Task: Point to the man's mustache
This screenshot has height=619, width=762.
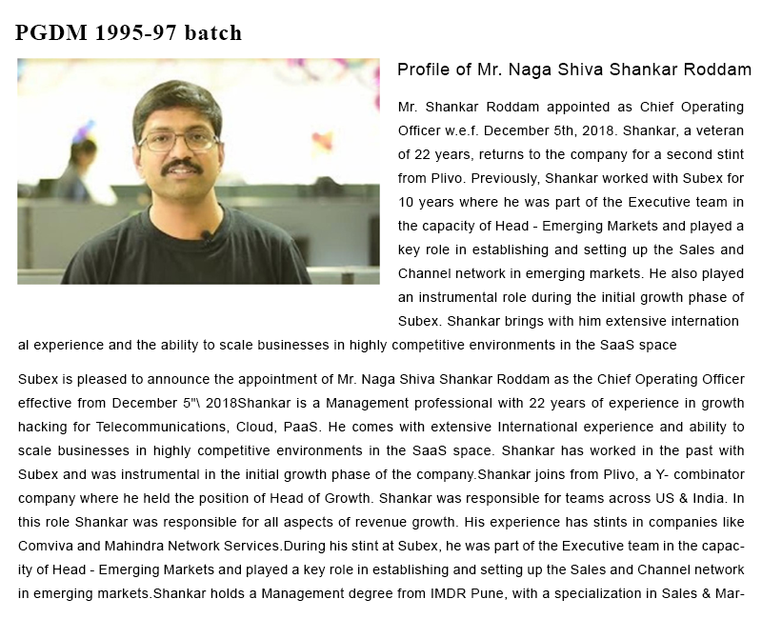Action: pyautogui.click(x=181, y=167)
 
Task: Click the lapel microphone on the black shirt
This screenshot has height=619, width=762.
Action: pyautogui.click(x=205, y=234)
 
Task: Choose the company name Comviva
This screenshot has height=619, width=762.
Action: pyautogui.click(x=45, y=546)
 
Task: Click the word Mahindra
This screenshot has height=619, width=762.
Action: pyautogui.click(x=131, y=546)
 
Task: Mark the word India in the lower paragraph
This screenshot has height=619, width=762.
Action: pyautogui.click(x=711, y=498)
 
